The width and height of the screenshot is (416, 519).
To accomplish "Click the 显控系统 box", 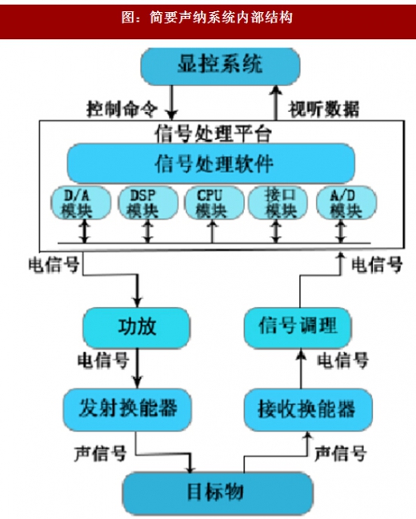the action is tap(220, 66).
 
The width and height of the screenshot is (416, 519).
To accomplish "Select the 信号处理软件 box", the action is tap(211, 163).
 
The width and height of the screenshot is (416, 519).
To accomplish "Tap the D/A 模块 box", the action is tap(81, 202).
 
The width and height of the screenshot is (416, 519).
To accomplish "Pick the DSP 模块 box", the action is tap(148, 202).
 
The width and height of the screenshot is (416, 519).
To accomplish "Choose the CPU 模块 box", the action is tap(214, 202).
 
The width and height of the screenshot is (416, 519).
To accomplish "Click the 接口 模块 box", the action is tap(278, 202).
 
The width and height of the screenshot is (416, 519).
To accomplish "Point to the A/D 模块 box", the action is tap(346, 202).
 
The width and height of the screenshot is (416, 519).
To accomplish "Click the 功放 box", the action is tap(137, 327).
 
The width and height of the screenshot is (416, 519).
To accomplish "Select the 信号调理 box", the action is tap(298, 327).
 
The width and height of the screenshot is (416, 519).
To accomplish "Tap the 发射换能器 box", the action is tap(127, 409).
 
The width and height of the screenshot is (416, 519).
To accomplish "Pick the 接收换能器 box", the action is tap(308, 409).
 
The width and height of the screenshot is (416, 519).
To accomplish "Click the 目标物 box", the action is tap(218, 493).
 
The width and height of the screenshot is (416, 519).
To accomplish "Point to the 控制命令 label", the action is tap(122, 109).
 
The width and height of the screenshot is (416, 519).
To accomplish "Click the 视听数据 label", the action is tap(323, 109).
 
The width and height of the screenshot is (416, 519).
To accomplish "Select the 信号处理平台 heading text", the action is tap(213, 134).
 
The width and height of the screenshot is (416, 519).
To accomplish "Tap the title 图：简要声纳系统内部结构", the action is tap(206, 18).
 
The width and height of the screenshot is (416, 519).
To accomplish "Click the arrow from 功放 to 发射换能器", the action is tap(137, 368).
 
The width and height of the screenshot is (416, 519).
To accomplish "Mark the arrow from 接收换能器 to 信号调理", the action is tap(301, 369).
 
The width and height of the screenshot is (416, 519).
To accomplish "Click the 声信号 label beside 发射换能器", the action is tap(100, 453).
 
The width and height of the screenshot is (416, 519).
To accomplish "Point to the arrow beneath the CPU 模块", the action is tap(213, 232).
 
